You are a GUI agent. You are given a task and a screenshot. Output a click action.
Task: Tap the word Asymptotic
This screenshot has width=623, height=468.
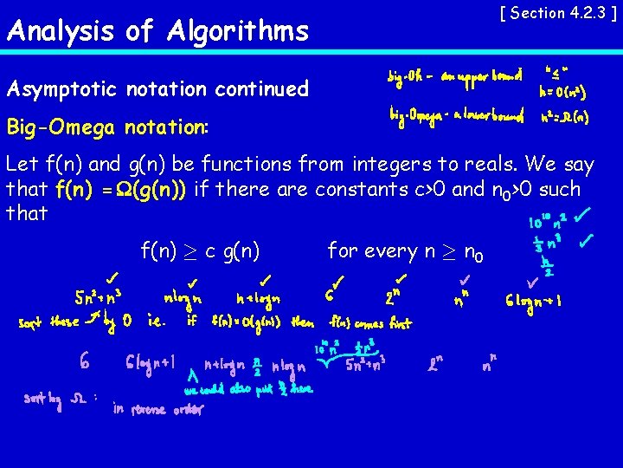pyautogui.click(x=63, y=88)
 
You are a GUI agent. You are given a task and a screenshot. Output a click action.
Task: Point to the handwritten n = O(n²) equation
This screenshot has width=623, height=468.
pyautogui.click(x=563, y=90)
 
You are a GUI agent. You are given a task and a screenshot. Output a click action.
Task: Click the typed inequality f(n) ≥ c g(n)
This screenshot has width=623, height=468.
pyautogui.click(x=200, y=251)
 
